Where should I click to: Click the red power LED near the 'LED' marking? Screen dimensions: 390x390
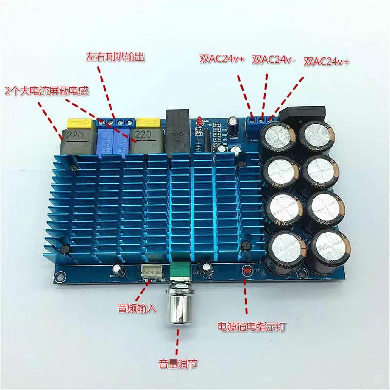click(x=246, y=270)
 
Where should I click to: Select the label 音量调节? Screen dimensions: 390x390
click(x=178, y=364)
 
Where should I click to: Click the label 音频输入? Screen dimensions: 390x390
click(x=137, y=308)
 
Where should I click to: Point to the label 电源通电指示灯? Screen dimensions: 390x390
click(x=252, y=327)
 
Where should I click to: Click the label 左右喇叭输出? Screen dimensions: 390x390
click(x=115, y=57)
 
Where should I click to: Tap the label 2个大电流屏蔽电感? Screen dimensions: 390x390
click(x=47, y=91)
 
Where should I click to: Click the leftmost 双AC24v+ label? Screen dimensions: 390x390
click(x=222, y=59)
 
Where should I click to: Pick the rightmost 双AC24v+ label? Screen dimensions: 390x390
click(x=326, y=62)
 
